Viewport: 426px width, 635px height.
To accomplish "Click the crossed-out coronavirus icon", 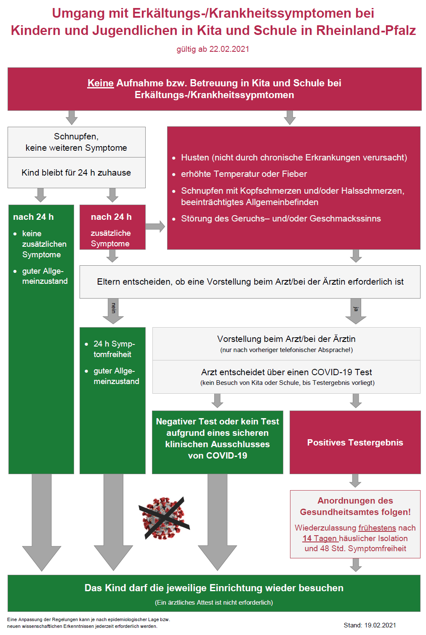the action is click(164, 518).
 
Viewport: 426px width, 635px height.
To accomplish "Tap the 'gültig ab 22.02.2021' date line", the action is click(213, 49).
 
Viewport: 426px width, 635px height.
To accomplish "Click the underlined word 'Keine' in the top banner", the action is click(101, 83).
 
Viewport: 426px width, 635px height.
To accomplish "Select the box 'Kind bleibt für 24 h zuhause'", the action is click(77, 173).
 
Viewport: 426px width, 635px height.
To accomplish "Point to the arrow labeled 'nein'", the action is click(113, 311).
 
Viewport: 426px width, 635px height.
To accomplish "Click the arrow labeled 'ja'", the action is click(356, 311).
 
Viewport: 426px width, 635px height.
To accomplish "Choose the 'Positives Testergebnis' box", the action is click(355, 442).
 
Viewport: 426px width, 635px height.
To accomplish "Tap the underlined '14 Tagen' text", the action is click(320, 538).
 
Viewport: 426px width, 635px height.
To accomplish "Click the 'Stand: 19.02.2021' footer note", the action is click(370, 625).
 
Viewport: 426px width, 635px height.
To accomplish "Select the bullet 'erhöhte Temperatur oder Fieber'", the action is click(244, 174).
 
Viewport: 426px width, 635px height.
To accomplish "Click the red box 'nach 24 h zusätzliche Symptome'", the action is click(112, 227).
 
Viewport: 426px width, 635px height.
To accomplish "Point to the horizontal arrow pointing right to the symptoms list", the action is click(155, 226).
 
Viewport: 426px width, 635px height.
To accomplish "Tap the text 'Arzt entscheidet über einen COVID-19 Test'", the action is click(286, 372).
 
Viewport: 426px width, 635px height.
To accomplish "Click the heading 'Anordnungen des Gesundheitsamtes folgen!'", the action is click(355, 506).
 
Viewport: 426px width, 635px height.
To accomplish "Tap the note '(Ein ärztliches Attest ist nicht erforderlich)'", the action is click(214, 603).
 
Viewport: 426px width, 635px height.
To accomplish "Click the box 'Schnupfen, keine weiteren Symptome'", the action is click(77, 142).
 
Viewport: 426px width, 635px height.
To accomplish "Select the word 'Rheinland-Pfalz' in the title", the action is click(366, 31).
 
